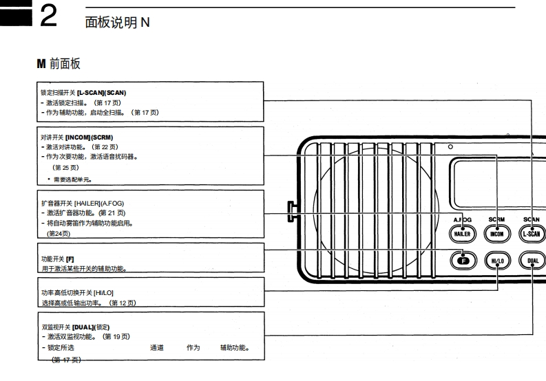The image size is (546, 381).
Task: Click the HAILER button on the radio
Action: click(x=461, y=233)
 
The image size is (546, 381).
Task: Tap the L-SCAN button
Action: click(x=532, y=233)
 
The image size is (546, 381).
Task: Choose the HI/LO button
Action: click(x=497, y=261)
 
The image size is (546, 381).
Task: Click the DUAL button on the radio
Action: click(x=532, y=261)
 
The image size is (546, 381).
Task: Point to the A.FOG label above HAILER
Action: click(x=461, y=220)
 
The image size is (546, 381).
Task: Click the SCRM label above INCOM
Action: click(x=496, y=220)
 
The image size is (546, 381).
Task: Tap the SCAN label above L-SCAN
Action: click(x=532, y=220)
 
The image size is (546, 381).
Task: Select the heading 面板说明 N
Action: click(x=116, y=23)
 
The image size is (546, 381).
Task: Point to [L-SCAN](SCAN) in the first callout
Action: click(x=101, y=92)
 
